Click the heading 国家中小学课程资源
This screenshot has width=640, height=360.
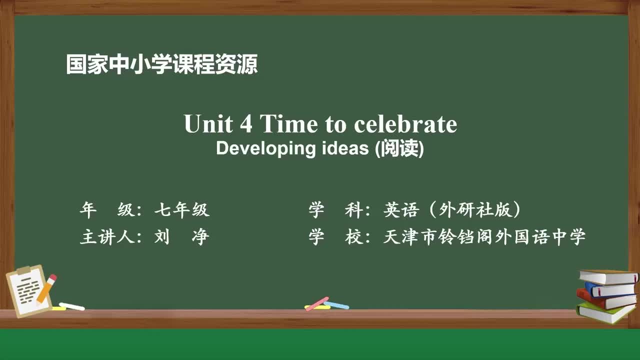161,65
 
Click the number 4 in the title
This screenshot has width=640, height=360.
246,123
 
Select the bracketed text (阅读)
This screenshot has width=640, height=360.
399,149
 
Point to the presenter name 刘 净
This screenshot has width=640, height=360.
181,237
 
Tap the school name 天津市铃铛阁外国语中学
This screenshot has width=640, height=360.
484,237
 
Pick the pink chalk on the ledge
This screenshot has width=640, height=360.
316,303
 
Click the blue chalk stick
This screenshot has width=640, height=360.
336,304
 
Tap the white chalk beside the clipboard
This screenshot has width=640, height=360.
71,306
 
